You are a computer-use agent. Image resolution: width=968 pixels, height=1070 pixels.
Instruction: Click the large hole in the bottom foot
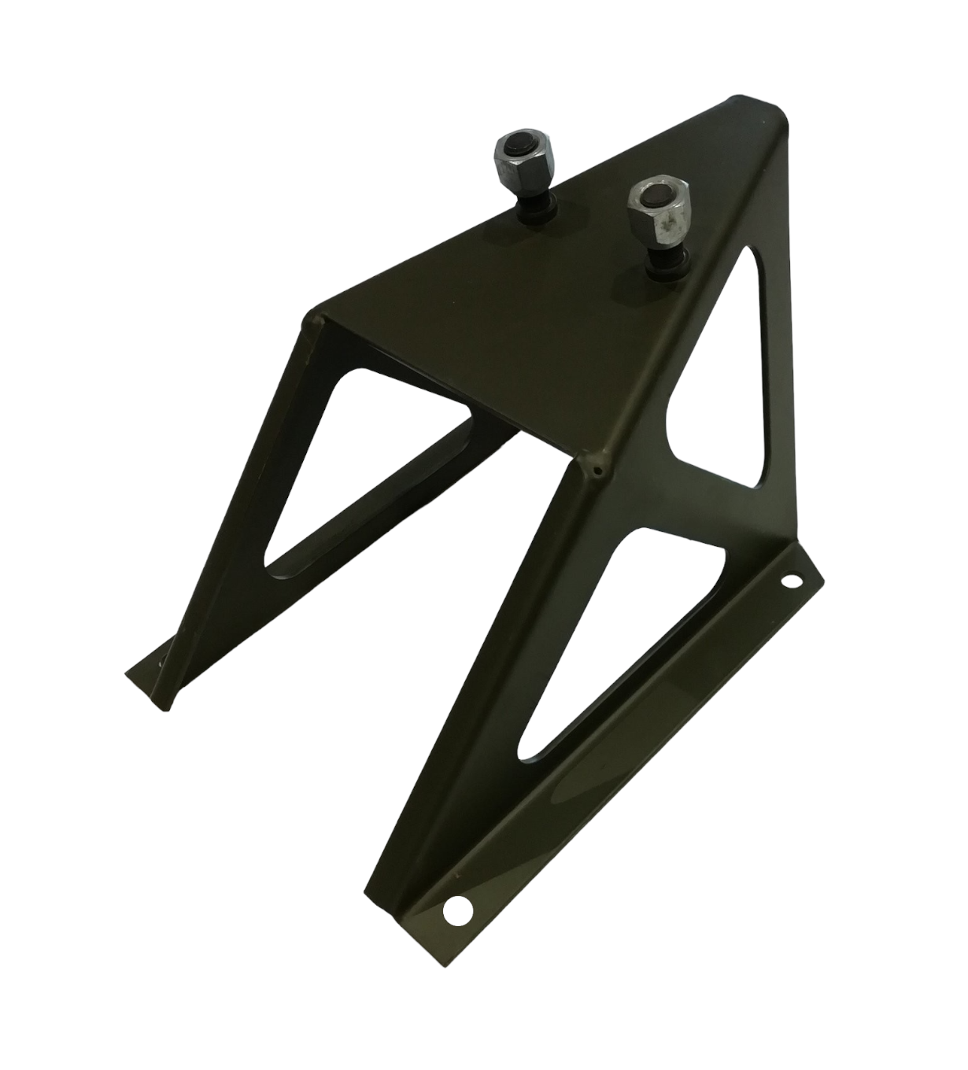[456, 910]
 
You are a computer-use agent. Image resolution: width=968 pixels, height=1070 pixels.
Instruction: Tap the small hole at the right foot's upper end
[788, 583]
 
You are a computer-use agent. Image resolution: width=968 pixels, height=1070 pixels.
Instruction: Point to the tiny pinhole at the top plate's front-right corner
[597, 473]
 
